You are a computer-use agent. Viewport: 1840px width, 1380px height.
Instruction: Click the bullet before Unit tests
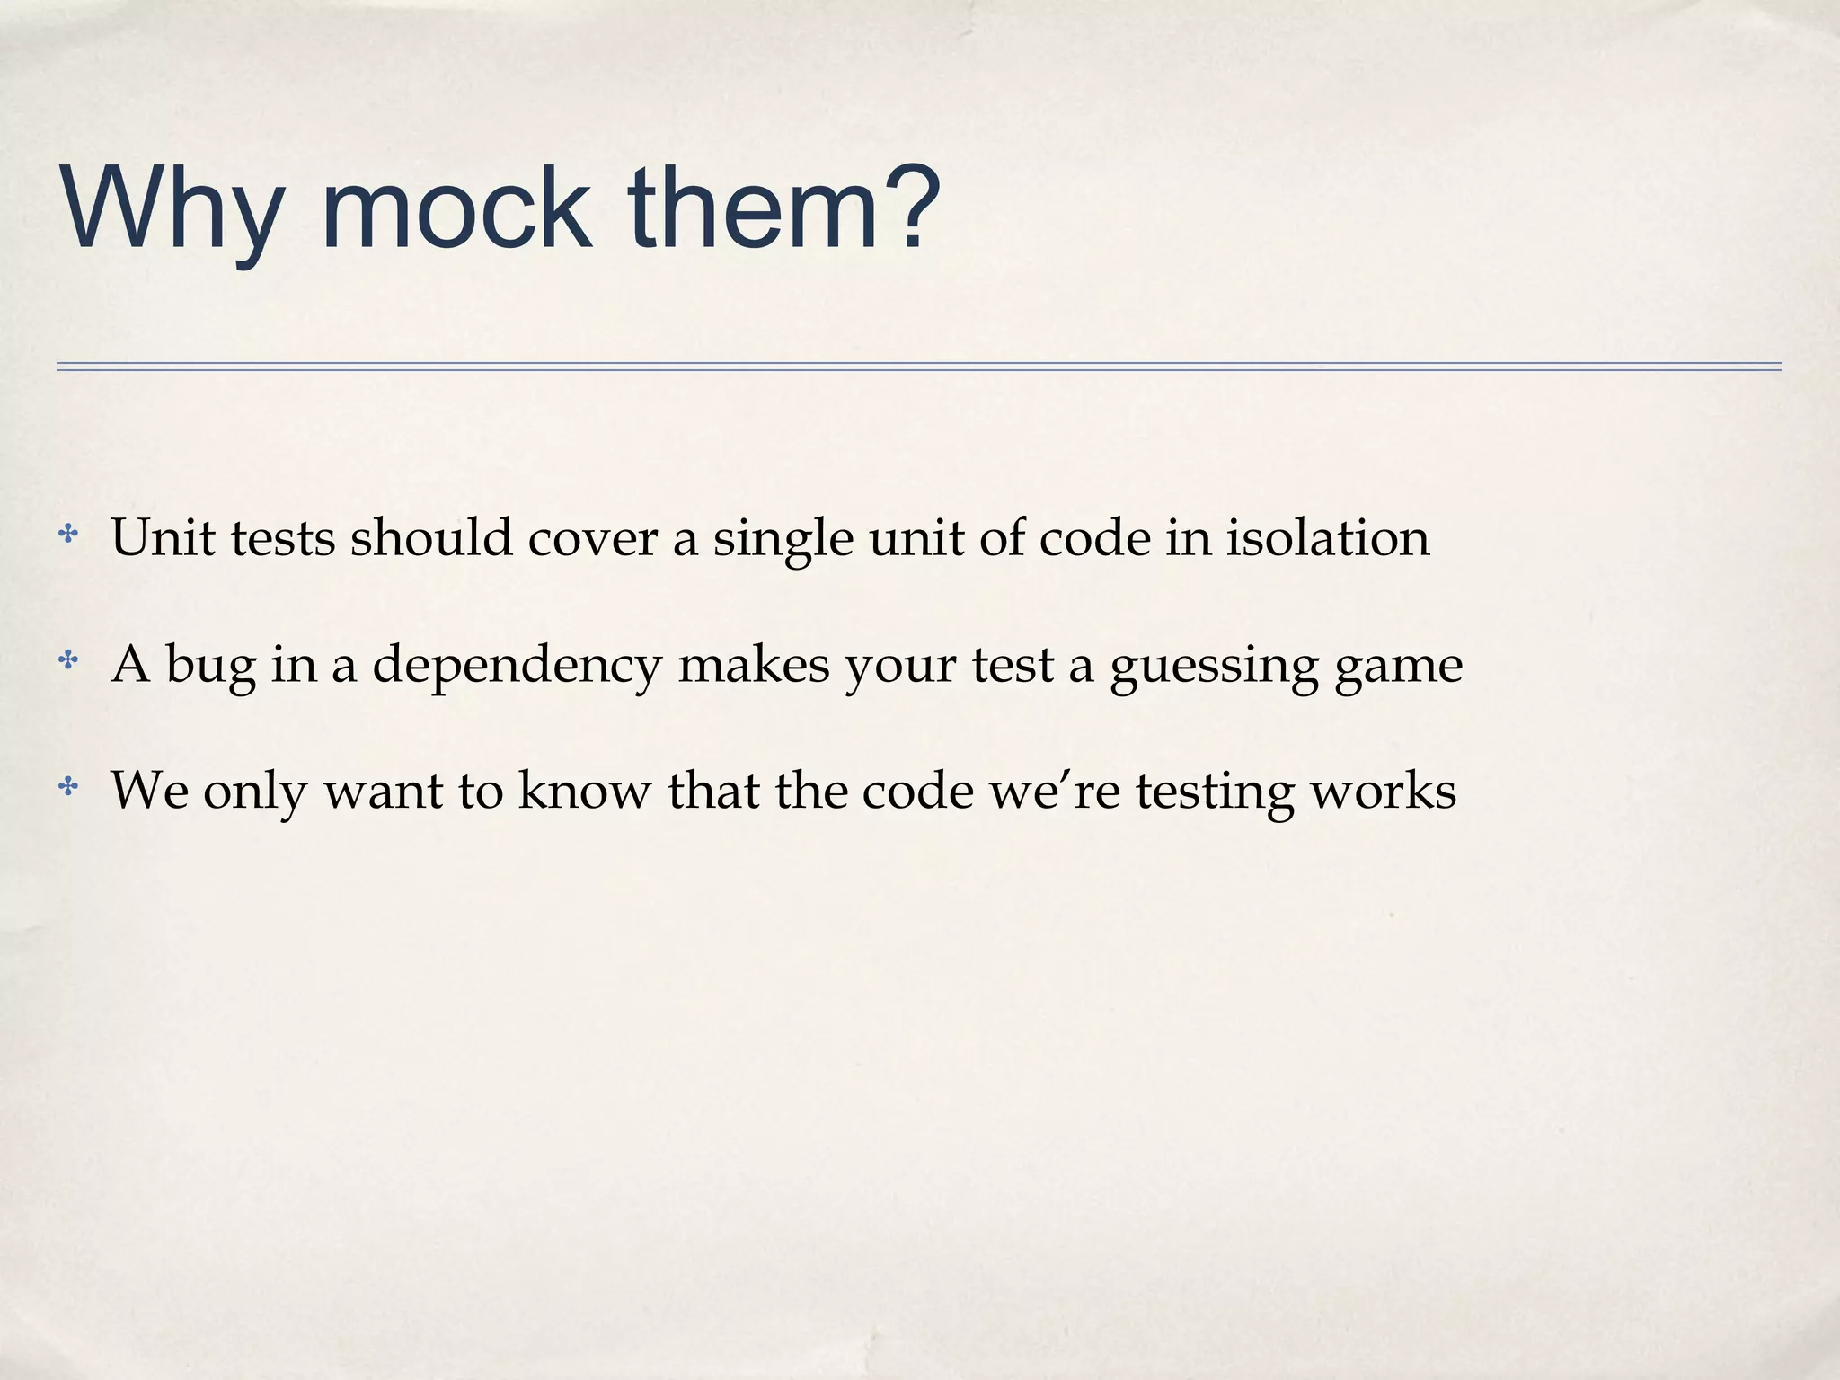coord(67,535)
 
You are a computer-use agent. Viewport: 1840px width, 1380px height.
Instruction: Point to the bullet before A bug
coord(67,662)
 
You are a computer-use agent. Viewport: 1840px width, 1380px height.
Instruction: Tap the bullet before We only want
coord(67,788)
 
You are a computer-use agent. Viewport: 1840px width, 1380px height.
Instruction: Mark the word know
coord(584,791)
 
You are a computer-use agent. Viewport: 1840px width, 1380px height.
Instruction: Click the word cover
coord(592,539)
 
